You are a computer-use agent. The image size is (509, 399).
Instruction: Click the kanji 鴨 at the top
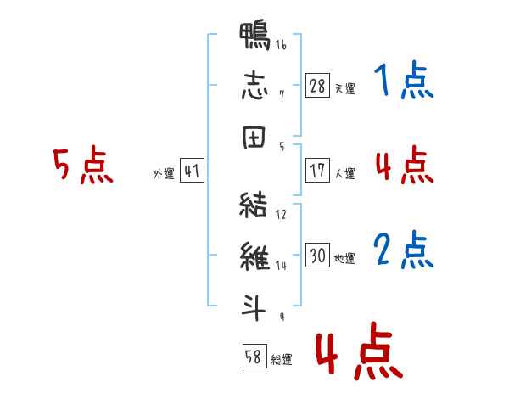point(255,36)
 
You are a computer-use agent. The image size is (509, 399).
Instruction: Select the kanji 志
point(255,86)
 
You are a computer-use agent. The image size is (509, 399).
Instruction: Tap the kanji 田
point(255,138)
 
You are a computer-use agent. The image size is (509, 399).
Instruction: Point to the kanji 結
point(253,204)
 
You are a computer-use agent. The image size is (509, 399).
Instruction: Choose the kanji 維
point(255,256)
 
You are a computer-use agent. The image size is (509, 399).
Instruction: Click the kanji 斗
point(254,307)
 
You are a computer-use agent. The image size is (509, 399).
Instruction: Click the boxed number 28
point(317,86)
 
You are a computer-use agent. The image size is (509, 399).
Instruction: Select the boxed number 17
point(317,171)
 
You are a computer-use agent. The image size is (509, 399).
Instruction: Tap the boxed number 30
point(317,255)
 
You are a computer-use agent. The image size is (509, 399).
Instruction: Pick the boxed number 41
point(192,171)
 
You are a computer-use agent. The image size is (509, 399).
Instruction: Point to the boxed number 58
point(255,356)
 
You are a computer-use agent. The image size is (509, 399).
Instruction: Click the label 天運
point(345,88)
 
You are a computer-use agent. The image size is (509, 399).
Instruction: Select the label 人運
point(345,173)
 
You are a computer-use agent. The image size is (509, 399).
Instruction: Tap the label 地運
point(344,258)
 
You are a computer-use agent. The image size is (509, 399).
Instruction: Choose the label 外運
point(164,174)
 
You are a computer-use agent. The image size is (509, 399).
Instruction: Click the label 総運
point(282,359)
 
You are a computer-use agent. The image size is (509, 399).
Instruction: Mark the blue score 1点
point(404,80)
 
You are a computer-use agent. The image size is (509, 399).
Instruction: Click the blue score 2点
point(403,250)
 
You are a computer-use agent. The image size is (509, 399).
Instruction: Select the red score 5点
point(83,165)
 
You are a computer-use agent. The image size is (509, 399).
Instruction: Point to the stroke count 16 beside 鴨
point(281,45)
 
